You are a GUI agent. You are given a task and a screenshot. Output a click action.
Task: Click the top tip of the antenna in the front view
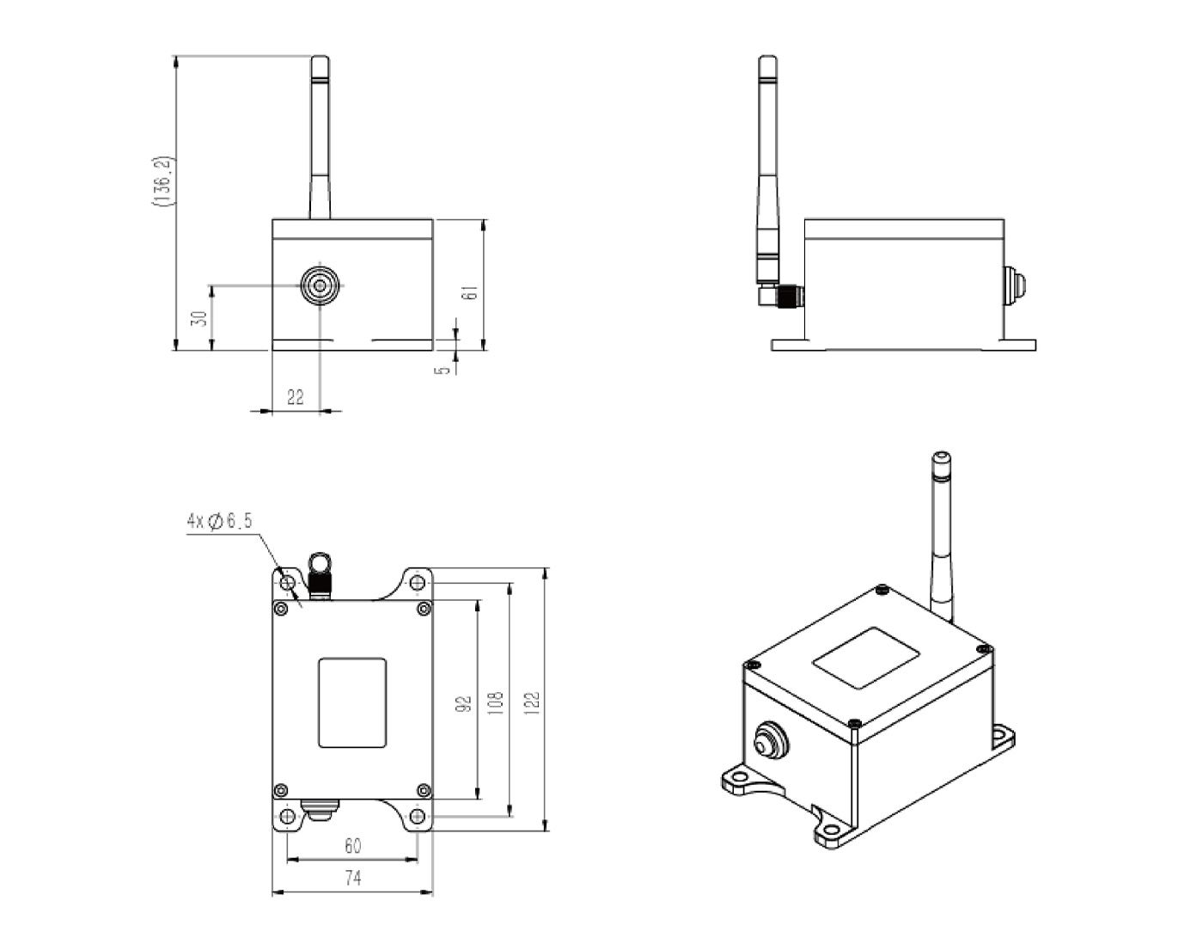coord(320,56)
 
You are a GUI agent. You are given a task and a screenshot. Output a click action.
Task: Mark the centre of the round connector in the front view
coord(320,286)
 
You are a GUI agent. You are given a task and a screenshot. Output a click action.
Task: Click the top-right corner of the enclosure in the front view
coord(433,219)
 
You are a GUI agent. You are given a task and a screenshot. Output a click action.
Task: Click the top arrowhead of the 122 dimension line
coord(547,574)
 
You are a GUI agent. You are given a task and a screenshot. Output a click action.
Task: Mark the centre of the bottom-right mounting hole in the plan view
coord(417,816)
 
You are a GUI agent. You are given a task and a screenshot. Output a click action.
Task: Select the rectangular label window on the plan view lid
coord(352,702)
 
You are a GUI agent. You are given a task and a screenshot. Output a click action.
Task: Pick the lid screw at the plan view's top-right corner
coord(424,608)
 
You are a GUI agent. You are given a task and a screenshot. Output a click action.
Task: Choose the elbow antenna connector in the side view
coord(781,295)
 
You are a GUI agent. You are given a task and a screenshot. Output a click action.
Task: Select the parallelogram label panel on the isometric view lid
coord(866,658)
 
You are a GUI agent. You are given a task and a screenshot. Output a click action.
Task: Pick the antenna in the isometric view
coord(942,537)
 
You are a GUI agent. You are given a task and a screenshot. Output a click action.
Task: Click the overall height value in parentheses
coord(163,181)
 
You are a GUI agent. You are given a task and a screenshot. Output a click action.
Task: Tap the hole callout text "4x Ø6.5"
coord(220,522)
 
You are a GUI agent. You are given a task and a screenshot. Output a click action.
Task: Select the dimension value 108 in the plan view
coord(496,702)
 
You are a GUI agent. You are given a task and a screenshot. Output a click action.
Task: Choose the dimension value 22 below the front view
coord(295,397)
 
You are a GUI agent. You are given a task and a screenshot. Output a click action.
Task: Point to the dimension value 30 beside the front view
coord(199,318)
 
